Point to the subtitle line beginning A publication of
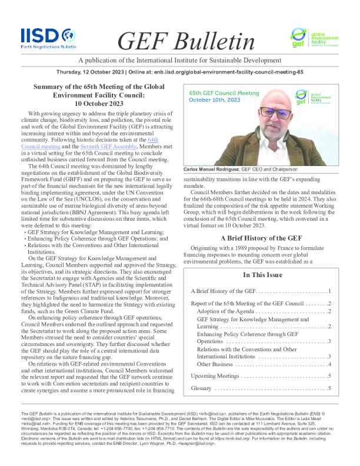(x=180, y=61)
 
